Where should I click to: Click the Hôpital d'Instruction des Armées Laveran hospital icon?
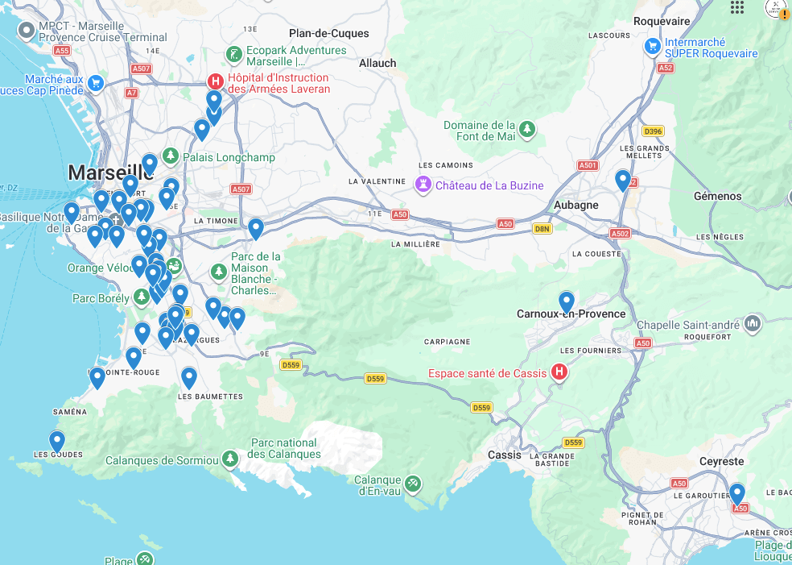215,81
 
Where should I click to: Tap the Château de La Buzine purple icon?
422,185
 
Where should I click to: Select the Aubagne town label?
575,205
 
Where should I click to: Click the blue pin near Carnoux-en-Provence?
567,301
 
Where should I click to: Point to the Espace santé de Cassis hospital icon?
559,372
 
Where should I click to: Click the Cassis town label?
505,455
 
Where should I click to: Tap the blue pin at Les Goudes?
57,441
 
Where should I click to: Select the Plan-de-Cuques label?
328,33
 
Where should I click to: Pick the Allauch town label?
377,63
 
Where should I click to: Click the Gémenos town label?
718,196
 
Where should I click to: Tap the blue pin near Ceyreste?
736,492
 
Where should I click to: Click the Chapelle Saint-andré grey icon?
753,324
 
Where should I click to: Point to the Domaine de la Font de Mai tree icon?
526,129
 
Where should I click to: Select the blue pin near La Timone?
256,228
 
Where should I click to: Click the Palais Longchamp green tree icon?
170,156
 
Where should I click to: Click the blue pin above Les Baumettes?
189,376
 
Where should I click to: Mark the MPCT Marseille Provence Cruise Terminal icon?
26,31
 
